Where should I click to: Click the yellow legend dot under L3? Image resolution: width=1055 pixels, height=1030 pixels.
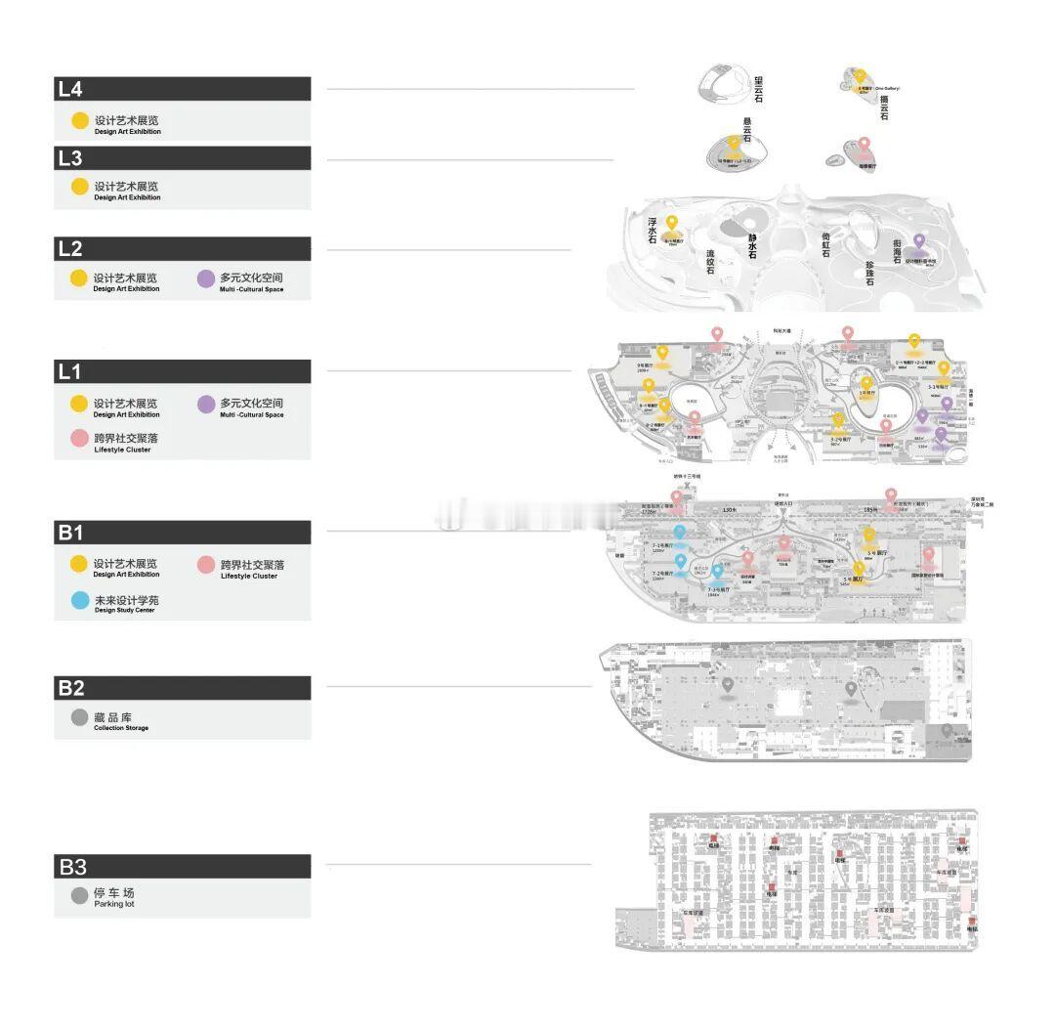click(80, 187)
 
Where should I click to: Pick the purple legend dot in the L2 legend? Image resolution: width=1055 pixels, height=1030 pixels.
click(205, 279)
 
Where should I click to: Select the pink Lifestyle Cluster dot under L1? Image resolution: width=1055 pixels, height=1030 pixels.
click(80, 439)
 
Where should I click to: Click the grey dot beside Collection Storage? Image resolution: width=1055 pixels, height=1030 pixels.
click(80, 718)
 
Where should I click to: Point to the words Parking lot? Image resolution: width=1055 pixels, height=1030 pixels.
click(114, 905)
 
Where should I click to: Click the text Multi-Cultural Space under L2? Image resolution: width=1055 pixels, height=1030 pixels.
click(251, 289)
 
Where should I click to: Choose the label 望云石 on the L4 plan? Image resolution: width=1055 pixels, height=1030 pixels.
click(758, 88)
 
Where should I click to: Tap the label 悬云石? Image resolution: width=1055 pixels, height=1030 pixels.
click(746, 130)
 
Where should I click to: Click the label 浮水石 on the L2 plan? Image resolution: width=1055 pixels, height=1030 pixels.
click(653, 231)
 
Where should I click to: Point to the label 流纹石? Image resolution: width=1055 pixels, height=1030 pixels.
click(710, 261)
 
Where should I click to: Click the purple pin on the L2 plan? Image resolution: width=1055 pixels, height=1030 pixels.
click(918, 241)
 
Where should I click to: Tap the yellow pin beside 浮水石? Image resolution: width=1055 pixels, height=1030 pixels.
click(672, 225)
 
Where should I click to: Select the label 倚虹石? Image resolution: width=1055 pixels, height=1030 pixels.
click(825, 244)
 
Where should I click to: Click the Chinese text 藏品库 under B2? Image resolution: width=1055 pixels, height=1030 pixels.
click(113, 718)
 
